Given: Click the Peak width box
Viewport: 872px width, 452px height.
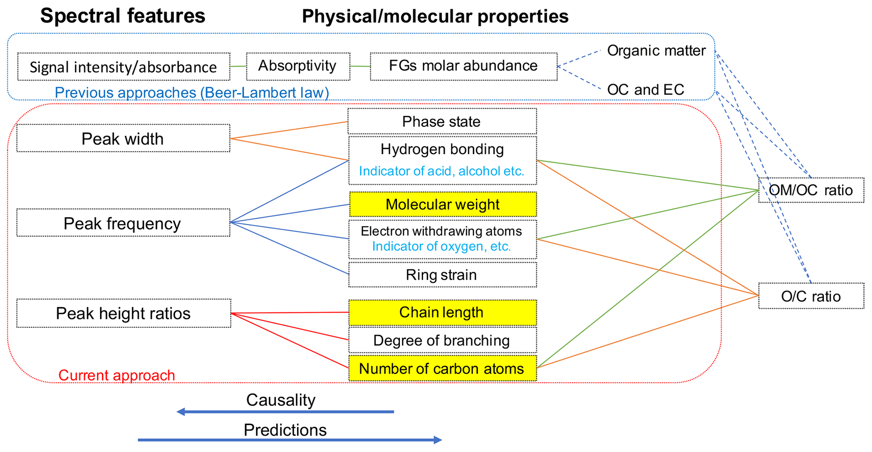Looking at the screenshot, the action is [x=123, y=138].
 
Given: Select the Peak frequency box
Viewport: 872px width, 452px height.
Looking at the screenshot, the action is [x=123, y=223].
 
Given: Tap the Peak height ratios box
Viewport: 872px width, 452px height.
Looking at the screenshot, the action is [x=124, y=313].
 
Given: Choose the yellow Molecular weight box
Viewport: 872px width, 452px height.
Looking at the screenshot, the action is [x=443, y=204].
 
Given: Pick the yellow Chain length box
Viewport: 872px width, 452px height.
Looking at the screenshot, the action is [x=443, y=313].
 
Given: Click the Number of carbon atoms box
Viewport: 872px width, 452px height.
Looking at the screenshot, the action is [x=443, y=368].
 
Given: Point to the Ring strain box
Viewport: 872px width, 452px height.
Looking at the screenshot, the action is [x=443, y=275].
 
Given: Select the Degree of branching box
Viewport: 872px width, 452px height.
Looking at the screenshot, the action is [x=443, y=340].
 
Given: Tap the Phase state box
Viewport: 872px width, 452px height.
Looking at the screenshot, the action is [x=442, y=121].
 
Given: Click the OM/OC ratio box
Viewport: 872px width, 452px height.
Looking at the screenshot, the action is [x=811, y=190].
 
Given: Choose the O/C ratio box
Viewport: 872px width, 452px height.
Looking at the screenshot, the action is [x=811, y=296].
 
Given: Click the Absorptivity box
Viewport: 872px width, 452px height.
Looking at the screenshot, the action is [x=298, y=66].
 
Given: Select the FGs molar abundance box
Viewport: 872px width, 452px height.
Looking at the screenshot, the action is [x=464, y=66].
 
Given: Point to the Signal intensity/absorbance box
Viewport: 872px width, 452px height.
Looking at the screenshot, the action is [x=124, y=67].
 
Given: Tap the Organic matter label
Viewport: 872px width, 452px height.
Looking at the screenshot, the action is [x=656, y=51].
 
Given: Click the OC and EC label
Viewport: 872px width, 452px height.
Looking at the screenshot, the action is [x=645, y=90].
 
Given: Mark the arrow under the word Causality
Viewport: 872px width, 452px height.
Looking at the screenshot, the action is [x=285, y=411].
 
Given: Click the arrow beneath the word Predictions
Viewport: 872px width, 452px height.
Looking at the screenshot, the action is [x=290, y=440].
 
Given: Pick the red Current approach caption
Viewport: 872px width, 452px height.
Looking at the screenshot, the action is [x=116, y=375].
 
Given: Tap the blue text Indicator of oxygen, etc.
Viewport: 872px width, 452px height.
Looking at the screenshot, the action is [x=441, y=246].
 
